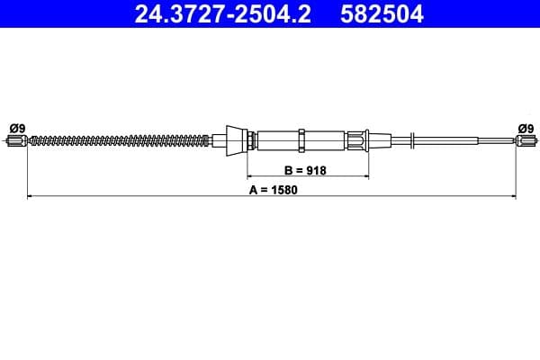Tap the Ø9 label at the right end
[x=525, y=127]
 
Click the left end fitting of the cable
[x=18, y=139]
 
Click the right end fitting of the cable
[x=524, y=139]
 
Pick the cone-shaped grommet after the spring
[x=237, y=139]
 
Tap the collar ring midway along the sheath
[x=302, y=139]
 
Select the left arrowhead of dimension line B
[x=251, y=176]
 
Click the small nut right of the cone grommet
[x=251, y=139]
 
